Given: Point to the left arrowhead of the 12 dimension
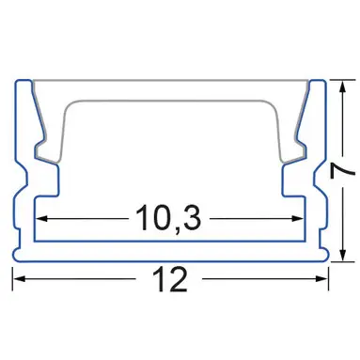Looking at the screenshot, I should click(18, 279).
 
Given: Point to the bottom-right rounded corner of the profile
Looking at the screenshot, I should click(329, 253).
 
